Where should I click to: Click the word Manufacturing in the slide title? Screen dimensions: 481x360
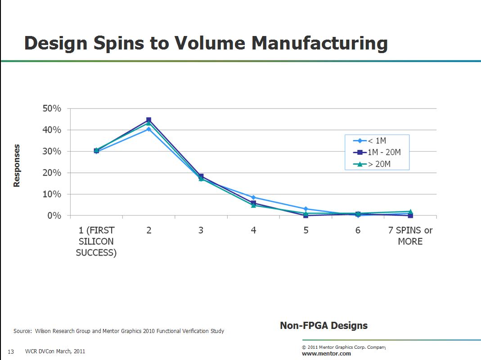(319, 43)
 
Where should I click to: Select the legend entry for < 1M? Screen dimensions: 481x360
(370, 141)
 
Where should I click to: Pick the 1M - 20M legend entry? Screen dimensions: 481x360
(377, 152)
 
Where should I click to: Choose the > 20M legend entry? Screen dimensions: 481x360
(372, 164)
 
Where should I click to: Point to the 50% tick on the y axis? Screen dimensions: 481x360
(52, 108)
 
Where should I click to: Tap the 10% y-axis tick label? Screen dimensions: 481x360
(52, 194)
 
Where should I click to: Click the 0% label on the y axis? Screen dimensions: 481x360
(54, 216)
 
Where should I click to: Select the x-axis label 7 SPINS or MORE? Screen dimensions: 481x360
(410, 236)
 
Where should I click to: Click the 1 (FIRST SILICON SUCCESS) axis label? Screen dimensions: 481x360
(96, 241)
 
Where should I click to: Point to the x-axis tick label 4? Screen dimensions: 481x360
(253, 230)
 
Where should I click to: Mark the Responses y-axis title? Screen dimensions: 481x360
(17, 166)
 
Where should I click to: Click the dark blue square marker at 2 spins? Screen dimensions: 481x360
(149, 120)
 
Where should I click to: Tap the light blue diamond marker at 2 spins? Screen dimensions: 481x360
(149, 129)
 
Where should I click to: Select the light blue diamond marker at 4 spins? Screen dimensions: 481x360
(253, 198)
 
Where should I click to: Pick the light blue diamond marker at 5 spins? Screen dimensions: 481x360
(306, 209)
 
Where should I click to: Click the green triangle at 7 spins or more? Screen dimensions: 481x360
(410, 211)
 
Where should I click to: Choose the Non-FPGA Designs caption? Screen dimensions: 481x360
(324, 326)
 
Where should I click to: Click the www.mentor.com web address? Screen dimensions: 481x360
(326, 354)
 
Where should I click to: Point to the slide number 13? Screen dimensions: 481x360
(11, 352)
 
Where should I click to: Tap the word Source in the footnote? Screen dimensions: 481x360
(22, 331)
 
